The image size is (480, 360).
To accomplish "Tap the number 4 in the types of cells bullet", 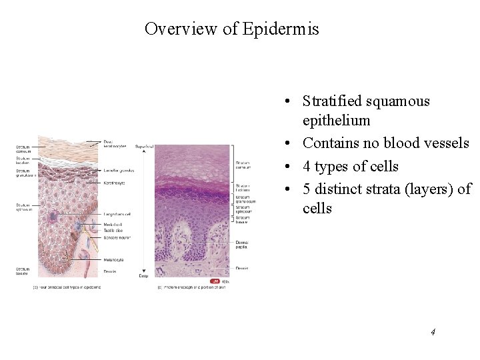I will [x=307, y=167].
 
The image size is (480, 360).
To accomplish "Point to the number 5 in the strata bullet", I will [x=307, y=189].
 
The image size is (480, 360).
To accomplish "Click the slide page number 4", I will [x=433, y=331].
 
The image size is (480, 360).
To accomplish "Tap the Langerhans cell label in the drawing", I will [x=117, y=214].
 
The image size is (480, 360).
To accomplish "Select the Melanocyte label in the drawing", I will [x=113, y=260].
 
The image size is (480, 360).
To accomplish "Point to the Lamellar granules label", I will [x=119, y=171].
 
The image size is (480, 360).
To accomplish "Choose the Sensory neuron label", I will [x=117, y=237].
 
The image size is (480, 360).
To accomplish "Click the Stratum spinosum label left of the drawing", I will [x=23, y=207].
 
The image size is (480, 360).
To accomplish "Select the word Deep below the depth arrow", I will [x=142, y=275].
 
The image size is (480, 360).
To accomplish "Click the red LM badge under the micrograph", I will [x=215, y=281].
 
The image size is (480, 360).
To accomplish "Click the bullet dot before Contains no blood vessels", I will [x=285, y=143].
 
